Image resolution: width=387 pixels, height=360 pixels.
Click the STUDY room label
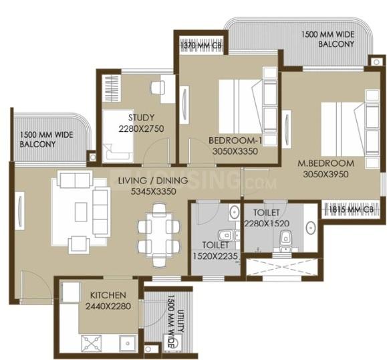[141, 117]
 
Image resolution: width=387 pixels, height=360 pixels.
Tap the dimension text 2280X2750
[141, 128]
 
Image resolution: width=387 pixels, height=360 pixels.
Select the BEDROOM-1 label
[235, 141]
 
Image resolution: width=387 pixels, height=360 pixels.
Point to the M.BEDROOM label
[326, 163]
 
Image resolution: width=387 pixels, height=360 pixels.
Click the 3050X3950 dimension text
[326, 175]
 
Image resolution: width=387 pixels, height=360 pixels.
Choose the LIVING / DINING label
[153, 181]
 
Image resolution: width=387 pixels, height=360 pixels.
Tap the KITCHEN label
[108, 295]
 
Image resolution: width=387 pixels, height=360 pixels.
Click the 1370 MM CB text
[201, 46]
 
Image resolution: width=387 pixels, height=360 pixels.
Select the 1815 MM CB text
[351, 209]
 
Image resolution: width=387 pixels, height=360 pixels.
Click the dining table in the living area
[159, 236]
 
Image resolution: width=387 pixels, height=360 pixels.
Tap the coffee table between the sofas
[81, 211]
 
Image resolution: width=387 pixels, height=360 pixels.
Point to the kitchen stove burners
[92, 343]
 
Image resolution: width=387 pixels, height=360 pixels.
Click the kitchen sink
[128, 343]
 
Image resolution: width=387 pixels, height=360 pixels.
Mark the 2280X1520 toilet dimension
[267, 223]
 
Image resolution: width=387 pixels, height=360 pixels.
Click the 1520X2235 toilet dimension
[215, 256]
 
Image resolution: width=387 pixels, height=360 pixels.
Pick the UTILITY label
[180, 321]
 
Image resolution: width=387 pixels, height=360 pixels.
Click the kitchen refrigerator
[70, 292]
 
